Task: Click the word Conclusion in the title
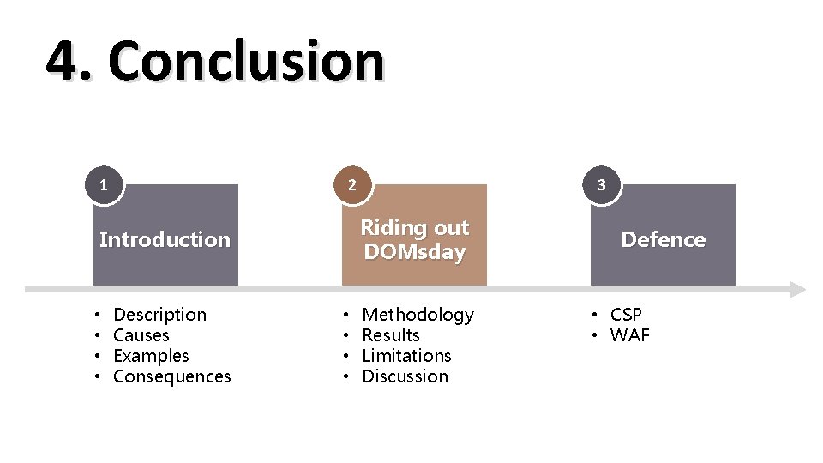(x=246, y=62)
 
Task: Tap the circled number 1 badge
(x=104, y=184)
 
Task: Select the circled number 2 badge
(x=352, y=184)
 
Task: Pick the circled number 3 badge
(x=601, y=184)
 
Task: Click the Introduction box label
(x=165, y=239)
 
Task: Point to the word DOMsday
(x=414, y=252)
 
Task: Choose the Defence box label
(x=663, y=239)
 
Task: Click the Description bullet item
(x=159, y=315)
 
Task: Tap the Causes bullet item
(x=141, y=335)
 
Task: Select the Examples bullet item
(x=151, y=356)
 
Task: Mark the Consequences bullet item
(x=171, y=376)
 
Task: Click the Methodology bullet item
(x=418, y=315)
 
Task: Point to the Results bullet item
(x=391, y=335)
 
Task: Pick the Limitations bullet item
(x=406, y=356)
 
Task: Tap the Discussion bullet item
(x=405, y=376)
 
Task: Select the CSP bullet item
(x=626, y=315)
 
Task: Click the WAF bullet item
(x=629, y=335)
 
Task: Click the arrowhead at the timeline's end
(x=797, y=289)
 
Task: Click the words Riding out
(x=414, y=228)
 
